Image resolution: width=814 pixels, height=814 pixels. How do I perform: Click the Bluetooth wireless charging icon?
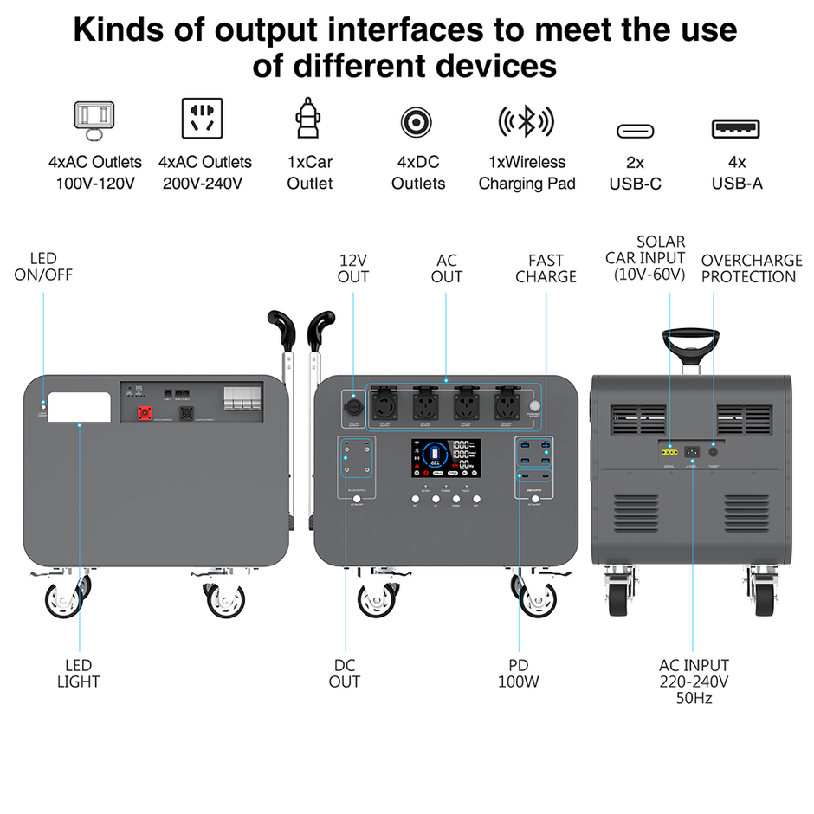coord(527,122)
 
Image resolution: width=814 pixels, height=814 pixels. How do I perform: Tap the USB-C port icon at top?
coord(636,131)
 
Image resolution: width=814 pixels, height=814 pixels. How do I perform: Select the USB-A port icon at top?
coord(736,129)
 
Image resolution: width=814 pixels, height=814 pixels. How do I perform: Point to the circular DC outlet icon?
coord(417,121)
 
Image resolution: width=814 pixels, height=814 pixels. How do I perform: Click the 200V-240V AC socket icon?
coord(202,118)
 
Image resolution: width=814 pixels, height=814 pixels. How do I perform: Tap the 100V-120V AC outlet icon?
coord(94,120)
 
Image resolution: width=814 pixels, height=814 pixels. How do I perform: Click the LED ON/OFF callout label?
coord(43,267)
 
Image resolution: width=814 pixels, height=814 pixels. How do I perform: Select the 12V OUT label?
coord(353,268)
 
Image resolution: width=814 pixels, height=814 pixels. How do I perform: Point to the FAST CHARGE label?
coord(546,268)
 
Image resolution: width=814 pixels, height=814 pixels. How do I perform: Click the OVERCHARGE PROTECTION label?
coord(748,268)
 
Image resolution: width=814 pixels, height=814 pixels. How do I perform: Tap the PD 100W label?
coord(518,673)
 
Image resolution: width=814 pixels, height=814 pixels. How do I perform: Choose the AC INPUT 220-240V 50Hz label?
coord(694,681)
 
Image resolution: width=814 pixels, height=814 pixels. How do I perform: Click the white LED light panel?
coord(79,407)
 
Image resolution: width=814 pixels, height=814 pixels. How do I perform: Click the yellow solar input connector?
coord(668,451)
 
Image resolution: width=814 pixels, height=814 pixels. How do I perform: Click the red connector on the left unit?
coord(143,413)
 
